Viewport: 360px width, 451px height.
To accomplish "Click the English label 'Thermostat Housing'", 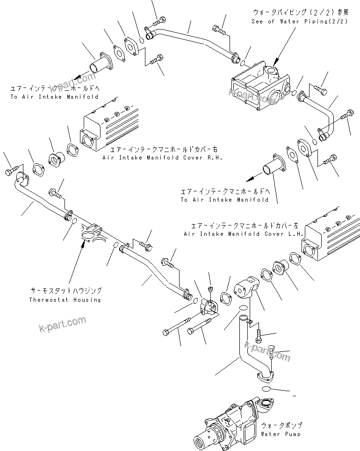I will (x=65, y=299).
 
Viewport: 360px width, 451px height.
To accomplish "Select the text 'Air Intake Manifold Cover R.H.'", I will (x=162, y=158).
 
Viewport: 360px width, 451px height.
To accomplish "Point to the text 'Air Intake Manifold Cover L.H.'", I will (x=244, y=233).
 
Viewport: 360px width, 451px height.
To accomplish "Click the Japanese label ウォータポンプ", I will (x=281, y=426).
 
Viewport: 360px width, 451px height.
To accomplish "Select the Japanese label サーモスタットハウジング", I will (x=65, y=291).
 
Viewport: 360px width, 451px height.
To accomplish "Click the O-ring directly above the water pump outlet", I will (x=265, y=389).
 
